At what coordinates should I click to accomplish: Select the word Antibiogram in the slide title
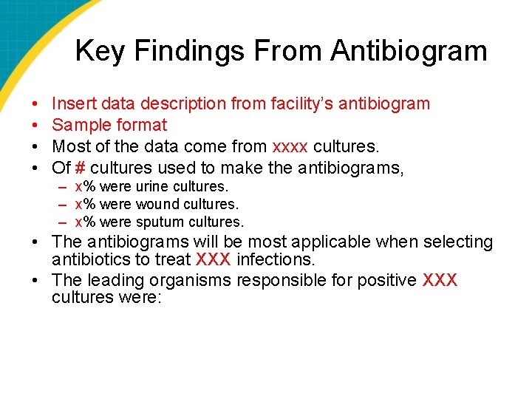coord(409,51)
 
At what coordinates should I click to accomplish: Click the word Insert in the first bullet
coord(71,103)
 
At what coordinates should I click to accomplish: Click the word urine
coord(151,186)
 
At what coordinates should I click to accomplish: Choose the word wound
coord(156,204)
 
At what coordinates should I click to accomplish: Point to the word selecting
coord(457,242)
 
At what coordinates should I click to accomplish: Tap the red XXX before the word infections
coord(214,259)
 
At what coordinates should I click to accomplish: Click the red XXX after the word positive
coord(440,281)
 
